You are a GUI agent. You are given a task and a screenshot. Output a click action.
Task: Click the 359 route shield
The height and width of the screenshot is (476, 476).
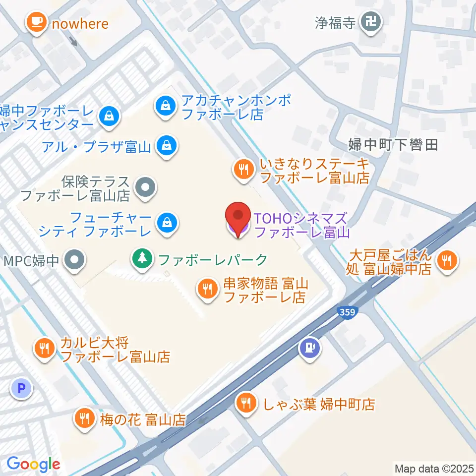pos(347,311)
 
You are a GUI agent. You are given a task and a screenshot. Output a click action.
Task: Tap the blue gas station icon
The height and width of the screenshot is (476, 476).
pos(310,347)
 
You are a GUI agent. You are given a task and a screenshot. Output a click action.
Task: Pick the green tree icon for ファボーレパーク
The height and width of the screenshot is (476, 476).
pos(142,258)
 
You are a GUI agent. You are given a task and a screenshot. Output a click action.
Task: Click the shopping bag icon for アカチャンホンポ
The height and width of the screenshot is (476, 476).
pos(163,106)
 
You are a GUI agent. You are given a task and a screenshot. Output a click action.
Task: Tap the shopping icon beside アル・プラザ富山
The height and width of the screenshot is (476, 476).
pos(164,145)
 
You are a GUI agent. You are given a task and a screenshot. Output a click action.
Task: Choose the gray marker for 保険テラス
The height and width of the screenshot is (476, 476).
pos(145,188)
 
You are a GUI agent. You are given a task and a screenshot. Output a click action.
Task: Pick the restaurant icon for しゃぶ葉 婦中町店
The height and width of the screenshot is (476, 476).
pos(246,402)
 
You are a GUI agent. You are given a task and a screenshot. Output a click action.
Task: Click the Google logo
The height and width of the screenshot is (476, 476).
pos(33,465)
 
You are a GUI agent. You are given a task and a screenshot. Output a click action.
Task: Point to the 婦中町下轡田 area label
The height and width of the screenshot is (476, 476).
pos(393,145)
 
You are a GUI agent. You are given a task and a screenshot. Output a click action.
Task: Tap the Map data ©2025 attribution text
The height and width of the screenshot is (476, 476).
pos(434,468)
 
